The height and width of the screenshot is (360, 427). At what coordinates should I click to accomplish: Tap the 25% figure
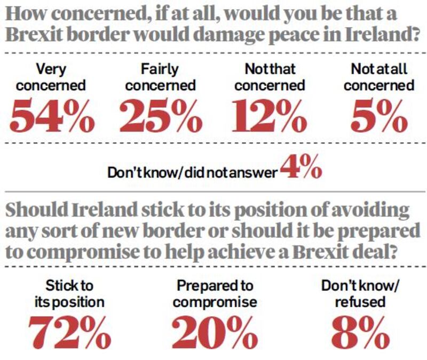pyautogui.click(x=161, y=116)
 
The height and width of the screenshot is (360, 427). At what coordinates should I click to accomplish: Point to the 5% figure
pyautogui.click(x=378, y=116)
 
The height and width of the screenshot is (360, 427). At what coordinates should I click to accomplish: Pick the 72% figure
pyautogui.click(x=70, y=332)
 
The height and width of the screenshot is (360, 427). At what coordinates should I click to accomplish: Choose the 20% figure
pyautogui.click(x=213, y=332)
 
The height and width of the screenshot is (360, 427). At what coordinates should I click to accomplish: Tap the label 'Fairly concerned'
pyautogui.click(x=160, y=77)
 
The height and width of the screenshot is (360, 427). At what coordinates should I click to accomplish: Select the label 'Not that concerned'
pyautogui.click(x=270, y=77)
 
